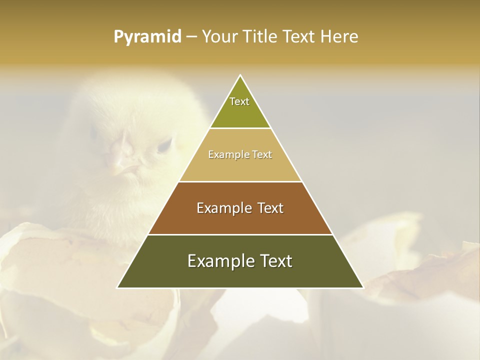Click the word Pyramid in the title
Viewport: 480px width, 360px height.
pyautogui.click(x=147, y=36)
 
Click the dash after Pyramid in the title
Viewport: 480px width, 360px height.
pyautogui.click(x=191, y=37)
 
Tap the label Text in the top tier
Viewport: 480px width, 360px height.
pyautogui.click(x=239, y=101)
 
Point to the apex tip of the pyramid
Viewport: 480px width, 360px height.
pyautogui.click(x=240, y=76)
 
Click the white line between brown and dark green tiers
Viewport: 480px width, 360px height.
pyautogui.click(x=240, y=234)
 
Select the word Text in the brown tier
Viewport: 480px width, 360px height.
pyautogui.click(x=266, y=208)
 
